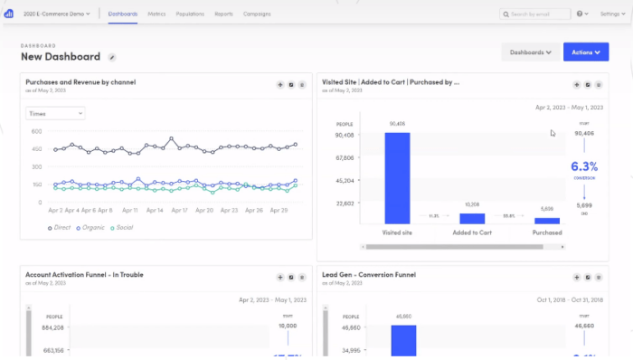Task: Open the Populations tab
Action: (x=191, y=14)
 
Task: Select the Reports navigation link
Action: (x=223, y=14)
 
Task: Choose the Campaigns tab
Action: (x=257, y=14)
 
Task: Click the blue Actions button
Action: (x=586, y=52)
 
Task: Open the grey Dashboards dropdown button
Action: (x=530, y=52)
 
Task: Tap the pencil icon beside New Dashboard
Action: (x=112, y=57)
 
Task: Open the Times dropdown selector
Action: (x=55, y=113)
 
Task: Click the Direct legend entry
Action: (x=60, y=227)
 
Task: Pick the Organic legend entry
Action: (x=90, y=227)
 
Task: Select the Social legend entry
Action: (x=121, y=227)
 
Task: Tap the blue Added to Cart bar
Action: (x=472, y=218)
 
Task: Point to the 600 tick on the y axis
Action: (x=37, y=131)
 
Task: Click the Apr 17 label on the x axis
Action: (x=178, y=210)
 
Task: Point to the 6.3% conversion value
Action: (x=583, y=166)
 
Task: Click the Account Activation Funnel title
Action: (x=84, y=274)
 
